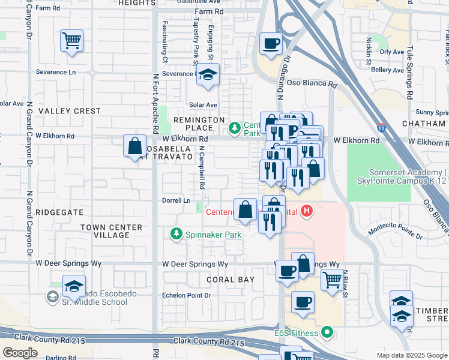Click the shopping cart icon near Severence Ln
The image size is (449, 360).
coord(71,41)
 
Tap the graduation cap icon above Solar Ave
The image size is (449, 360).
coord(208,75)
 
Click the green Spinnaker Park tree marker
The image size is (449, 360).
coord(176,233)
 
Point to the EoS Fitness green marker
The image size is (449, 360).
coord(327,331)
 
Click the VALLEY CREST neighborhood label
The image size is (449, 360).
coord(70,111)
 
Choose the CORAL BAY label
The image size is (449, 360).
coord(231,280)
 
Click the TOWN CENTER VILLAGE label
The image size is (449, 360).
coord(112,231)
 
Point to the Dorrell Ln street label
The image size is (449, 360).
coord(176,200)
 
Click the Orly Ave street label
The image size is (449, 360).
coord(391,52)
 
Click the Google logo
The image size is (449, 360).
coord(20,352)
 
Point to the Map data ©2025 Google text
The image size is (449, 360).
coord(412,355)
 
